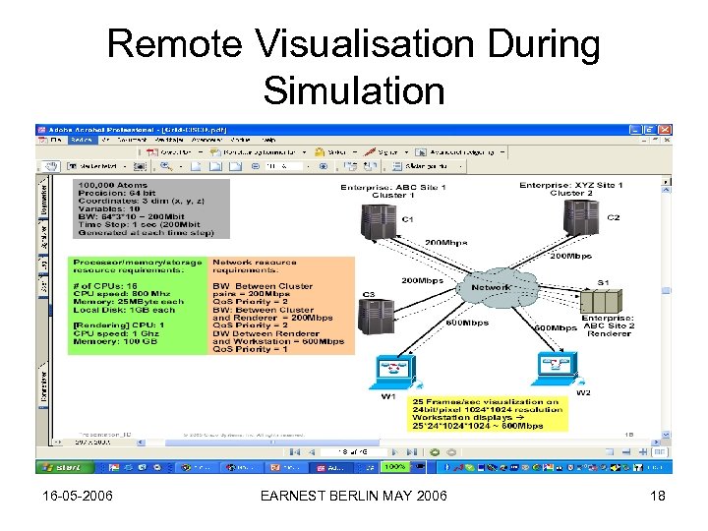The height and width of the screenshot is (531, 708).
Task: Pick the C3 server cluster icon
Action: pyautogui.click(x=375, y=317)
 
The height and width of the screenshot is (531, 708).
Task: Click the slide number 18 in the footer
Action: pyautogui.click(x=658, y=497)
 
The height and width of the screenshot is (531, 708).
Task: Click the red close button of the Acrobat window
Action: pyautogui.click(x=666, y=130)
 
